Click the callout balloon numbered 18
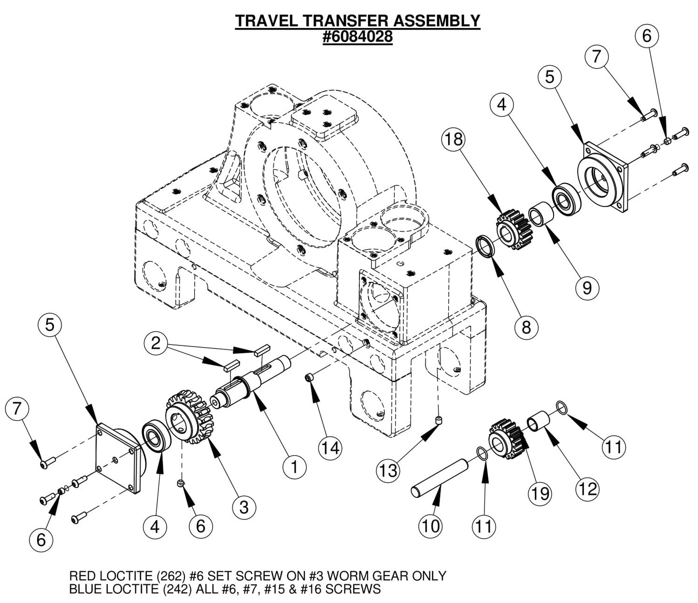point(455,140)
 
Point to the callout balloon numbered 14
point(331,448)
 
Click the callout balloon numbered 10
point(430,526)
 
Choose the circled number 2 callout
point(156,343)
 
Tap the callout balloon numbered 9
point(587,287)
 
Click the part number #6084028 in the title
point(357,37)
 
